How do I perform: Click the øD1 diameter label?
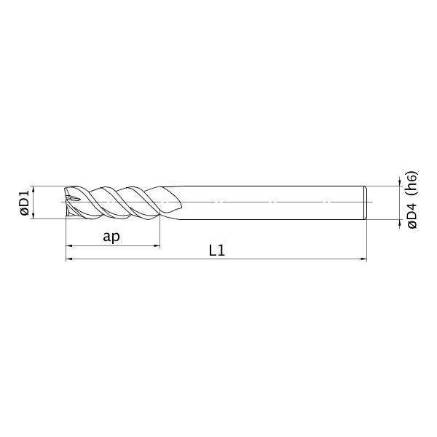pos(25,203)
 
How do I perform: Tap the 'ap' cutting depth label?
pos(111,237)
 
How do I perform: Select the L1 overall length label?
pos(216,251)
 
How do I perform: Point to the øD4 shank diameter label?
pos(412,216)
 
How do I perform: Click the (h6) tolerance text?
pos(412,184)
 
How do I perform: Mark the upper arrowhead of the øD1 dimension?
pos(34,189)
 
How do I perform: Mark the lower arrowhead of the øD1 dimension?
pos(34,216)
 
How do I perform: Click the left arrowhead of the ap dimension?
pos(69,246)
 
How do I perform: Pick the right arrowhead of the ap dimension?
pos(157,246)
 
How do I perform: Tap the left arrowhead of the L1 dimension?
pos(69,259)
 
